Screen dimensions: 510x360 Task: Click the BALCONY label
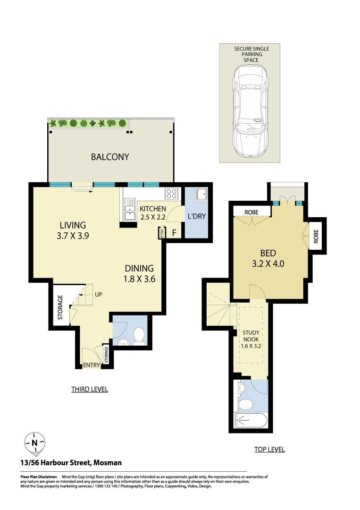point(109,157)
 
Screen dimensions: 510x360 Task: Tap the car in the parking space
point(250,111)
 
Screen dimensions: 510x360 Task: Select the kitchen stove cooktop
point(172,194)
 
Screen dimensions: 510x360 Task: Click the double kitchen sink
point(129,209)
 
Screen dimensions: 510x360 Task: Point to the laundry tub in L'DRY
point(201,194)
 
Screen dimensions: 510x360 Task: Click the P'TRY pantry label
point(161,233)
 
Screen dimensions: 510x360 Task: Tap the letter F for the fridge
point(174,233)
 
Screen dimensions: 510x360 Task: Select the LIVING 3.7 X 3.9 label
point(73,230)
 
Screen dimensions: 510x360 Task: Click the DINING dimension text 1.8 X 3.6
point(139,279)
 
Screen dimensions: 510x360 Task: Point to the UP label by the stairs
point(99,295)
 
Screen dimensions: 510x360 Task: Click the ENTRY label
point(91,365)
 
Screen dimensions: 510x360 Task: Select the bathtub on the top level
point(251,420)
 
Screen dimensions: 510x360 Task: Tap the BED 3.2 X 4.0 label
point(268,258)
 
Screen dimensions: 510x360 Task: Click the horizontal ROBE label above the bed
point(251,212)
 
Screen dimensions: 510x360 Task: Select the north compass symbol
point(35,442)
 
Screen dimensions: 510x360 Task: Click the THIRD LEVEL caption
point(90,389)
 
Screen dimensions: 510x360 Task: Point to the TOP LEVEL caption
point(269,449)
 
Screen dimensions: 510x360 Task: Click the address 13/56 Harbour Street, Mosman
point(71,463)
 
